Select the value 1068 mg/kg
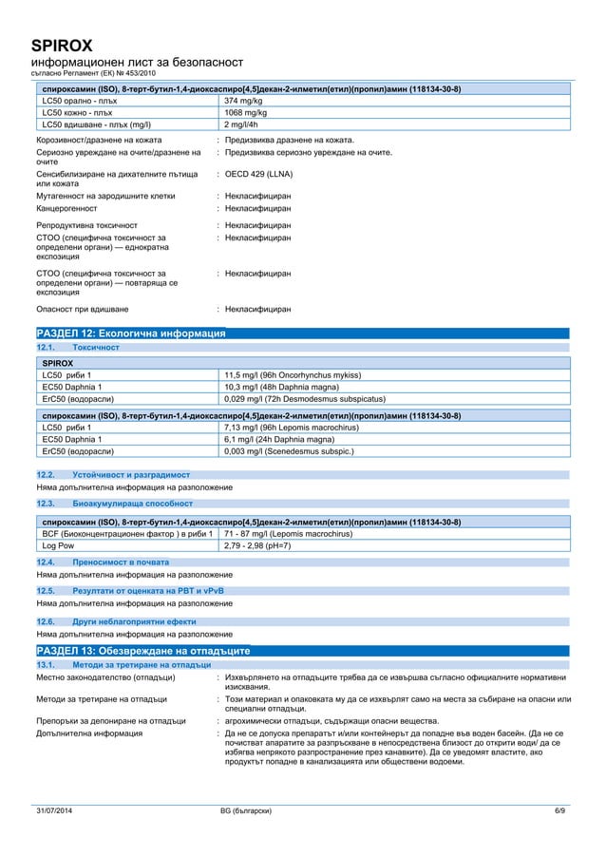tap(244, 112)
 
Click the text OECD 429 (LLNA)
tap(256, 175)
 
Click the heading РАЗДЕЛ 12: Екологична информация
tap(130, 334)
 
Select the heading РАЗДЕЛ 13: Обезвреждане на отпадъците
tap(142, 651)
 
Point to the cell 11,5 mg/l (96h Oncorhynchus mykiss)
tap(292, 375)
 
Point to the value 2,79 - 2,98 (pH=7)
tap(256, 546)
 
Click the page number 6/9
tap(559, 809)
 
